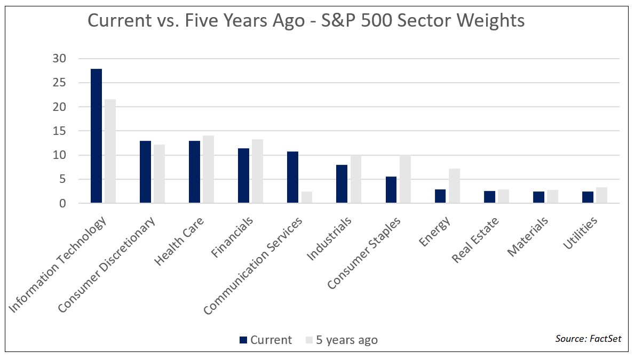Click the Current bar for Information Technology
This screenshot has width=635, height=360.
coord(96,136)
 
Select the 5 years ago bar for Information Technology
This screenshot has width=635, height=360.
coord(110,151)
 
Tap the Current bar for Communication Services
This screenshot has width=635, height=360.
coord(292,177)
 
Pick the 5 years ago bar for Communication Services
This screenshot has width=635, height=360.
coord(306,197)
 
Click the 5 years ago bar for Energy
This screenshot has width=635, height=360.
coord(454,186)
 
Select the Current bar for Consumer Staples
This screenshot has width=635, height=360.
coord(391,190)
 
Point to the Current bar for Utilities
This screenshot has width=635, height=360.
coord(588,197)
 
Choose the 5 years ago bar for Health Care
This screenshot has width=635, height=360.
coord(208,169)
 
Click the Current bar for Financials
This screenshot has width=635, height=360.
coord(243,175)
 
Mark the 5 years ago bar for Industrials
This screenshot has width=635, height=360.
coord(356,179)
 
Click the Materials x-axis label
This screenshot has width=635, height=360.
coord(527,236)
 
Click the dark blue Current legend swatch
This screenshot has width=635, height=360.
coord(243,340)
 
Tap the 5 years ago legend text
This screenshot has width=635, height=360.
coord(346,340)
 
